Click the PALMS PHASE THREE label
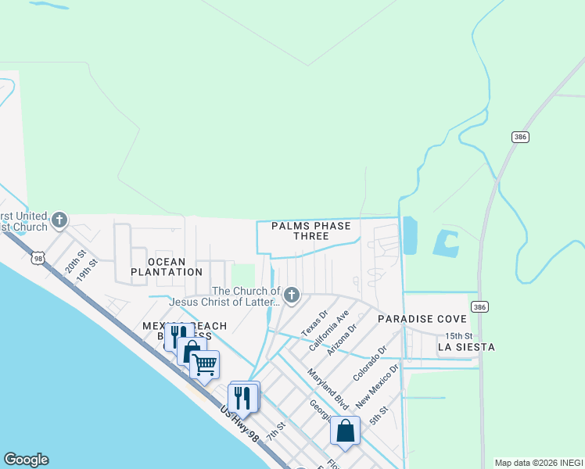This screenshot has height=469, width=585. click(x=311, y=231)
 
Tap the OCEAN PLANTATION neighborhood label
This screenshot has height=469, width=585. click(x=167, y=267)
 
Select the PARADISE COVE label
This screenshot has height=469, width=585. click(x=422, y=320)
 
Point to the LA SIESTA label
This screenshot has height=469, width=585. click(x=466, y=346)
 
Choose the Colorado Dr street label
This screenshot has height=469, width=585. click(x=370, y=363)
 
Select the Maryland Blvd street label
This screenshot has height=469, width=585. click(x=327, y=385)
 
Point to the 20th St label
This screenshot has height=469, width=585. click(x=75, y=256)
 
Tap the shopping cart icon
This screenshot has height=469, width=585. click(x=204, y=363)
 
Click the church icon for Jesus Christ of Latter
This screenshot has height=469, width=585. click(x=292, y=295)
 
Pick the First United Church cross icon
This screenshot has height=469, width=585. click(x=59, y=221)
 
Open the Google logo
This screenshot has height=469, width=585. click(x=26, y=460)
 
